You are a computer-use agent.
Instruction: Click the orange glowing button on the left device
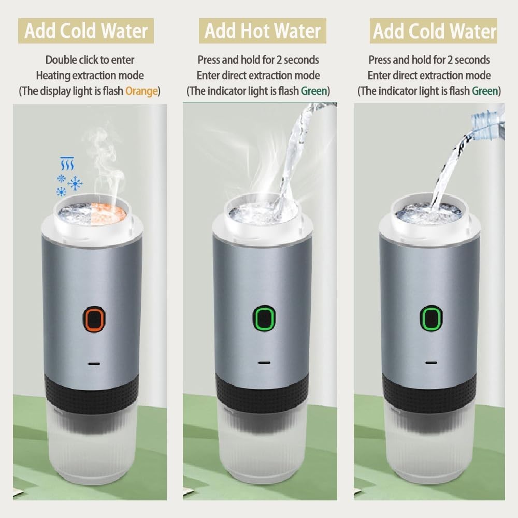pyautogui.click(x=94, y=319)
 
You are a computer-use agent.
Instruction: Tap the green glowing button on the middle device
pyautogui.click(x=264, y=318)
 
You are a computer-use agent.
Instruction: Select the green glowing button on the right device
pyautogui.click(x=431, y=318)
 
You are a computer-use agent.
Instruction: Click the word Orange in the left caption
pyautogui.click(x=141, y=91)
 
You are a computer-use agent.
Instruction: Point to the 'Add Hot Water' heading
pyautogui.click(x=263, y=31)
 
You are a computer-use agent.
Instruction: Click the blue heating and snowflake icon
pyautogui.click(x=69, y=177)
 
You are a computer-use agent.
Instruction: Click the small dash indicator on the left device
pyautogui.click(x=94, y=364)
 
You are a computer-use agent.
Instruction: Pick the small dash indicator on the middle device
pyautogui.click(x=264, y=363)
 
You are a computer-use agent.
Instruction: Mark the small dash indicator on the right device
pyautogui.click(x=431, y=363)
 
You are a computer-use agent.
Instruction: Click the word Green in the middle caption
pyautogui.click(x=314, y=91)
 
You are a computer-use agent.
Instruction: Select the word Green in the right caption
pyautogui.click(x=485, y=91)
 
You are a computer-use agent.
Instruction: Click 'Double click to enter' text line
pyautogui.click(x=90, y=60)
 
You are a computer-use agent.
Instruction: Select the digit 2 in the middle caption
pyautogui.click(x=279, y=60)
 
